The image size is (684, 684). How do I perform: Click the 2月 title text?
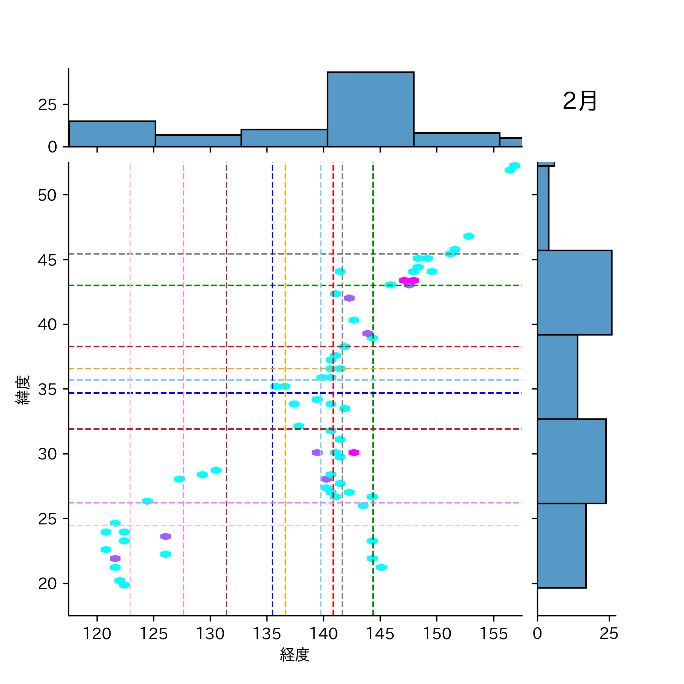pyautogui.click(x=579, y=101)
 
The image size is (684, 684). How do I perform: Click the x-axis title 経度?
pyautogui.click(x=294, y=654)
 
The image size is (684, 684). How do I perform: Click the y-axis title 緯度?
pyautogui.click(x=23, y=390)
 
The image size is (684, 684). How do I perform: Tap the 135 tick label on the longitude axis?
pyautogui.click(x=267, y=633)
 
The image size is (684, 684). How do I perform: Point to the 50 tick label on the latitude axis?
pyautogui.click(x=47, y=195)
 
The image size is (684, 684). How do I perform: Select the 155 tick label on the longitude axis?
pyautogui.click(x=494, y=633)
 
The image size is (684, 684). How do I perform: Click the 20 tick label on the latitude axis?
pyautogui.click(x=47, y=584)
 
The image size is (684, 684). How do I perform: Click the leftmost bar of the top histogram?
pyautogui.click(x=112, y=134)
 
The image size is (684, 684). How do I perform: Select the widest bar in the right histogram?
pyautogui.click(x=574, y=293)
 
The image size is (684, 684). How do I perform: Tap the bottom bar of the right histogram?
pyautogui.click(x=561, y=546)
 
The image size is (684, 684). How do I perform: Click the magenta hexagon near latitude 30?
pyautogui.click(x=354, y=453)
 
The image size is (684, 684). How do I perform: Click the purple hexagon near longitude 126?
pyautogui.click(x=166, y=537)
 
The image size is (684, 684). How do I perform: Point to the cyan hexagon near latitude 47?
pyautogui.click(x=469, y=236)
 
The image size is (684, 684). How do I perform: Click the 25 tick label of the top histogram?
pyautogui.click(x=47, y=105)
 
